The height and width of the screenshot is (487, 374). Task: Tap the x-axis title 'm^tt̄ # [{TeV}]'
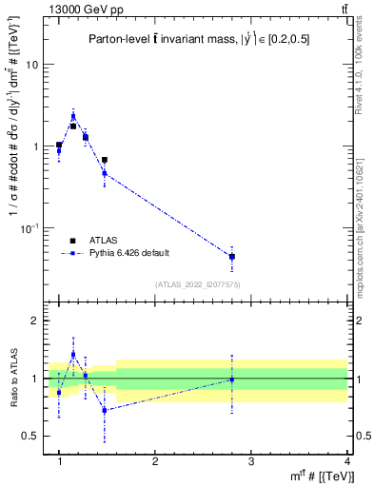(x=315, y=476)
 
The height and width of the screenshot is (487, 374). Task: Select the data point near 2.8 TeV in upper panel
(x=232, y=257)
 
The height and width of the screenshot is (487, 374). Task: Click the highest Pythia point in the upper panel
(x=73, y=116)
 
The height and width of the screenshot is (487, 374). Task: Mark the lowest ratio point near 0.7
(x=105, y=410)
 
